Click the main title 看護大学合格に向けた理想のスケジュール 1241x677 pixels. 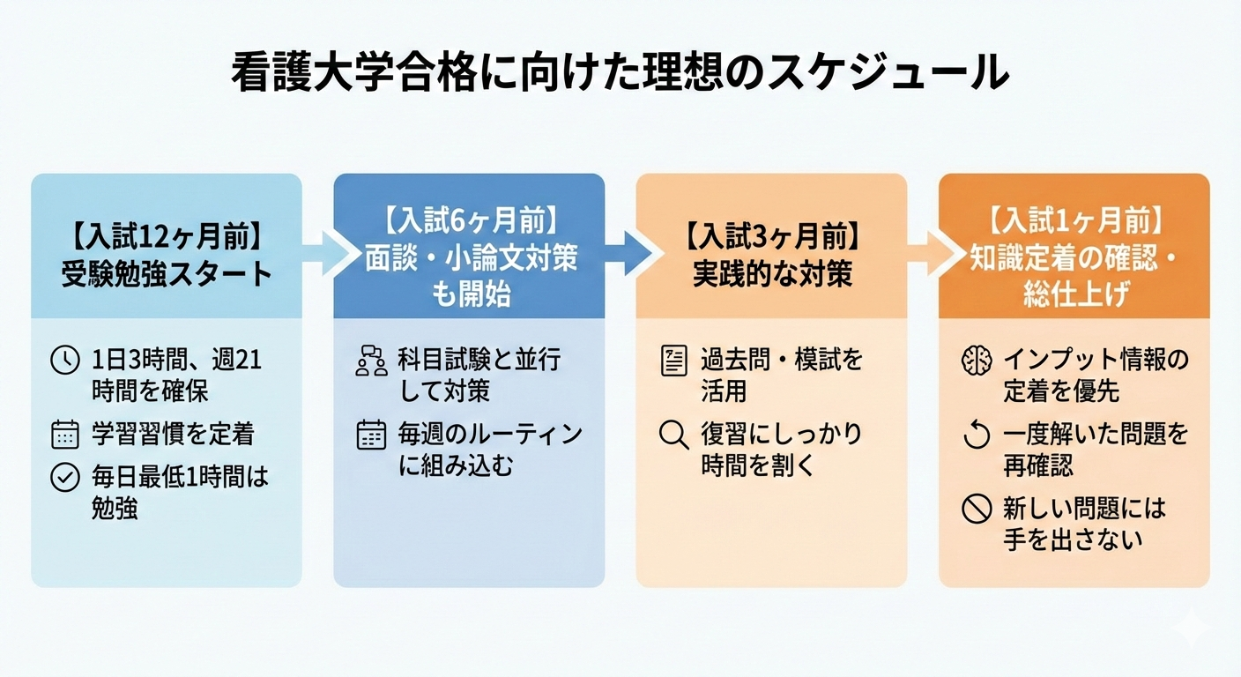(620, 73)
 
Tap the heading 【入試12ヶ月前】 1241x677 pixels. (166, 237)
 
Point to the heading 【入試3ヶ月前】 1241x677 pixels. (771, 238)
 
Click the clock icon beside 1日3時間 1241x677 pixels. (65, 361)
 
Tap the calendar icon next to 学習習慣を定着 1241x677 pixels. (65, 434)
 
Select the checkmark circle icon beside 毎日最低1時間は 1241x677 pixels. (65, 478)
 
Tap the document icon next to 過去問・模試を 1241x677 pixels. (673, 361)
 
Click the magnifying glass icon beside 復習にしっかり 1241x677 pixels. (673, 435)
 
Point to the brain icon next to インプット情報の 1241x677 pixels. (977, 361)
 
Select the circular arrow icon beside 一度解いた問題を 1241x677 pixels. (977, 435)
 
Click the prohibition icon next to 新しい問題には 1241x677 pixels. (977, 510)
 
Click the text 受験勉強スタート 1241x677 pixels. (166, 274)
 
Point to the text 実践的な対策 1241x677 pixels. (771, 274)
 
